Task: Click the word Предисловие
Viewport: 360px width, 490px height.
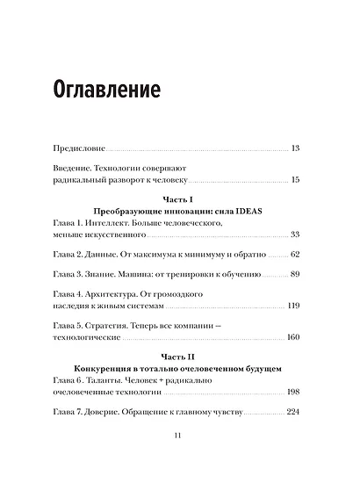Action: [x=82, y=148]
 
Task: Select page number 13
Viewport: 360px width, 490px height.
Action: [x=294, y=148]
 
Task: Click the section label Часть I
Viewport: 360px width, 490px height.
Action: [x=180, y=201]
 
